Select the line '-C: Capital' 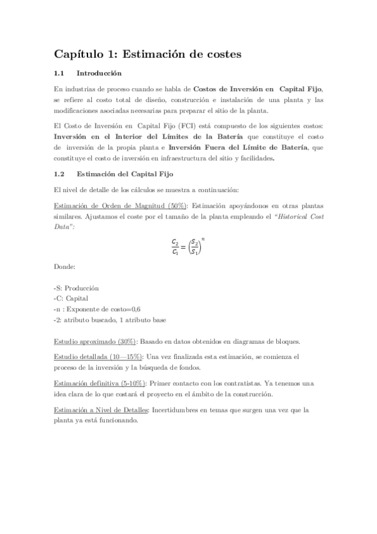click(70, 298)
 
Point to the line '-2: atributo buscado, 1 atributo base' click(110, 320)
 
